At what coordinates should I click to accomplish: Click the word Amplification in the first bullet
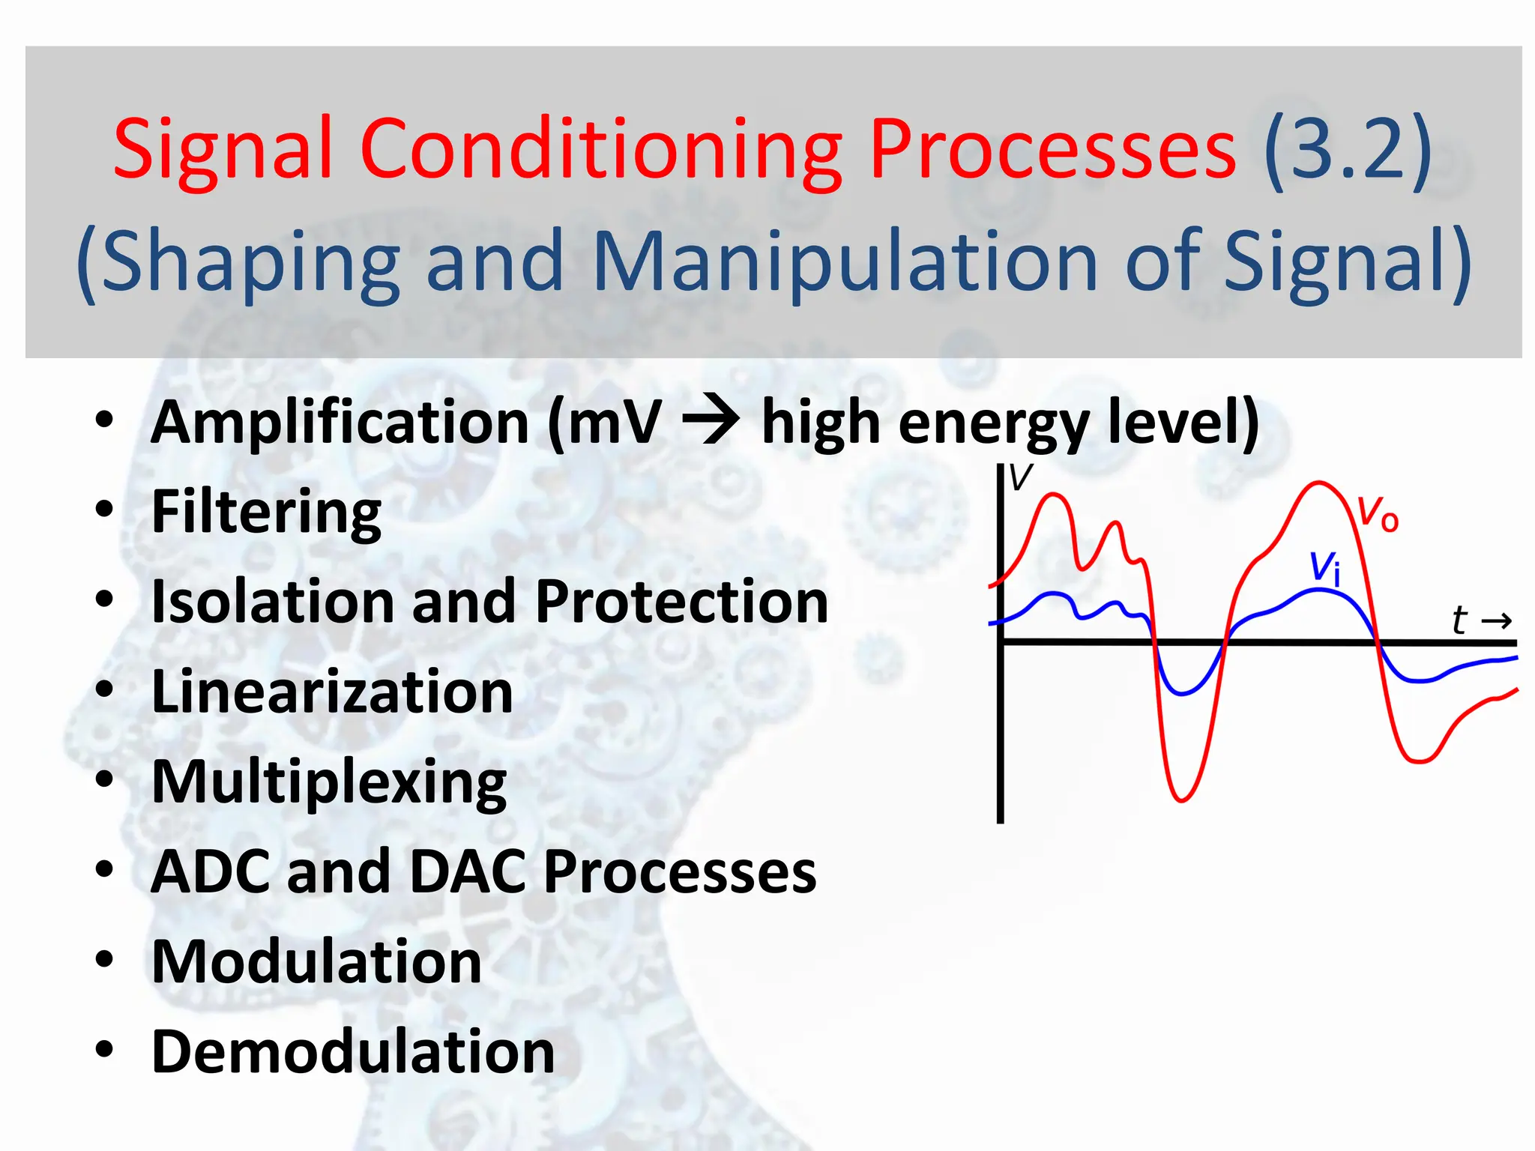(340, 422)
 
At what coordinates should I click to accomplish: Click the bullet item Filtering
(266, 512)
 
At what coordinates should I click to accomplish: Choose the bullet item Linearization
(332, 692)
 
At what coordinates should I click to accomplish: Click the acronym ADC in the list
(211, 872)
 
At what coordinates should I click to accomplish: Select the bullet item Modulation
(316, 962)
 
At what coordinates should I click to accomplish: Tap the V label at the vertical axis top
(1021, 477)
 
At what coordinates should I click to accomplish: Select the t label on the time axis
(1459, 620)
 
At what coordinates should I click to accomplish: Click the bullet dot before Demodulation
(104, 1049)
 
